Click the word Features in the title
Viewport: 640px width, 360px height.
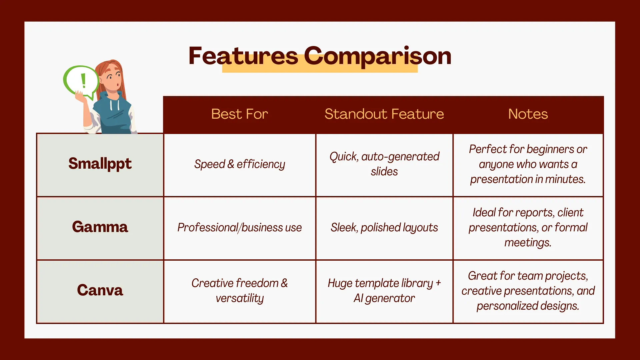click(x=243, y=56)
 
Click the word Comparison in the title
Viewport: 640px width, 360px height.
click(x=378, y=56)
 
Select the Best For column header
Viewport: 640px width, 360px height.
click(x=240, y=114)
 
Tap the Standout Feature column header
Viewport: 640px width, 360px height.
click(x=384, y=114)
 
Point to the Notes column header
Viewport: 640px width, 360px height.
click(x=528, y=114)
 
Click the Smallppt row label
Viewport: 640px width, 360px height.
click(x=100, y=164)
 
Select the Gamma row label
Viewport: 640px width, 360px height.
click(x=100, y=227)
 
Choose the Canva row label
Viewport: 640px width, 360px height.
click(x=100, y=290)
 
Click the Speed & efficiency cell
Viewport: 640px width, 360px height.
click(x=240, y=164)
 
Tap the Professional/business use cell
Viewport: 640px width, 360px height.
click(x=240, y=227)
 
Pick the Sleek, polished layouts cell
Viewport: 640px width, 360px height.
click(x=384, y=228)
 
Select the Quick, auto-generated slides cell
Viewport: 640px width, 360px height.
click(x=384, y=164)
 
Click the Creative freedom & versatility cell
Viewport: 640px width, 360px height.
click(x=240, y=291)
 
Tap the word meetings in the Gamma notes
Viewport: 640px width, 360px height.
click(x=528, y=243)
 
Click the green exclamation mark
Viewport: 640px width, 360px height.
click(x=83, y=81)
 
